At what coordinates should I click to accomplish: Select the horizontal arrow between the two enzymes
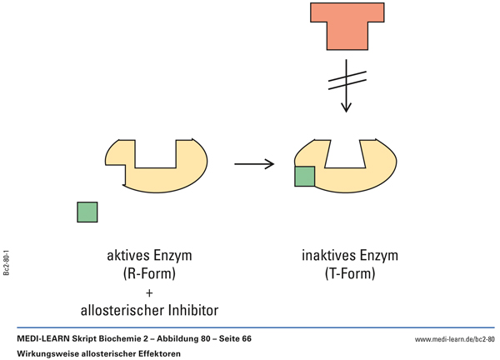click(x=254, y=164)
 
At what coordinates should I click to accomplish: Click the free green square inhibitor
click(x=87, y=212)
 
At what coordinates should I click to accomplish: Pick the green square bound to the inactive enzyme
click(x=304, y=176)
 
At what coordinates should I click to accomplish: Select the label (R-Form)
click(x=149, y=273)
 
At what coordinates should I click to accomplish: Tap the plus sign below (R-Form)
click(x=149, y=292)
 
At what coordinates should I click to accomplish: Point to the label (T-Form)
click(x=348, y=273)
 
